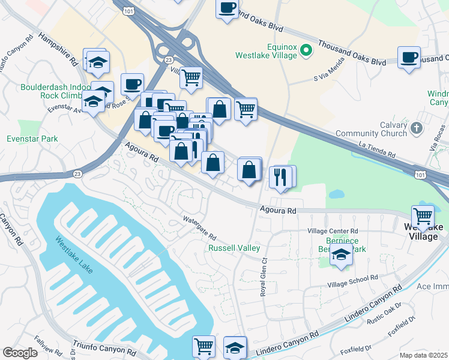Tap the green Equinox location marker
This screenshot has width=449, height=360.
click(x=306, y=49)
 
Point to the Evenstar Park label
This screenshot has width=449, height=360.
click(x=32, y=139)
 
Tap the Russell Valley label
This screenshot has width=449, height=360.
click(x=234, y=248)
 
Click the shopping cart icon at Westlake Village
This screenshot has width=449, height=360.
click(x=423, y=215)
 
